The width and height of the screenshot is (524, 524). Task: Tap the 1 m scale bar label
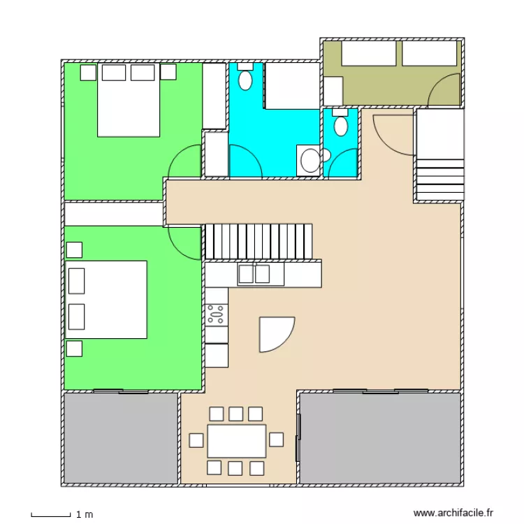[85, 515]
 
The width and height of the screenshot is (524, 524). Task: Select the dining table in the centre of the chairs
[237, 440]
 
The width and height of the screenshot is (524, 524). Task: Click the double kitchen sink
[254, 274]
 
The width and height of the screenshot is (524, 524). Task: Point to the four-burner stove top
[216, 314]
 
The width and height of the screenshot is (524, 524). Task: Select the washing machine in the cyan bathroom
[308, 160]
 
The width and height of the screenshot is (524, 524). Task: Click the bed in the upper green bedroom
[128, 99]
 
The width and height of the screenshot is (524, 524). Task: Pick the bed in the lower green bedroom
[107, 299]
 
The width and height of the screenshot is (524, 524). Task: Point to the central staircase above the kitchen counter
[257, 241]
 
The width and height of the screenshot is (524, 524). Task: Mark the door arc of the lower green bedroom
[183, 242]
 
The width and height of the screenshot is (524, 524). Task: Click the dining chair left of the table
[196, 440]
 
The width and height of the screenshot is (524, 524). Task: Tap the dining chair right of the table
[276, 439]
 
